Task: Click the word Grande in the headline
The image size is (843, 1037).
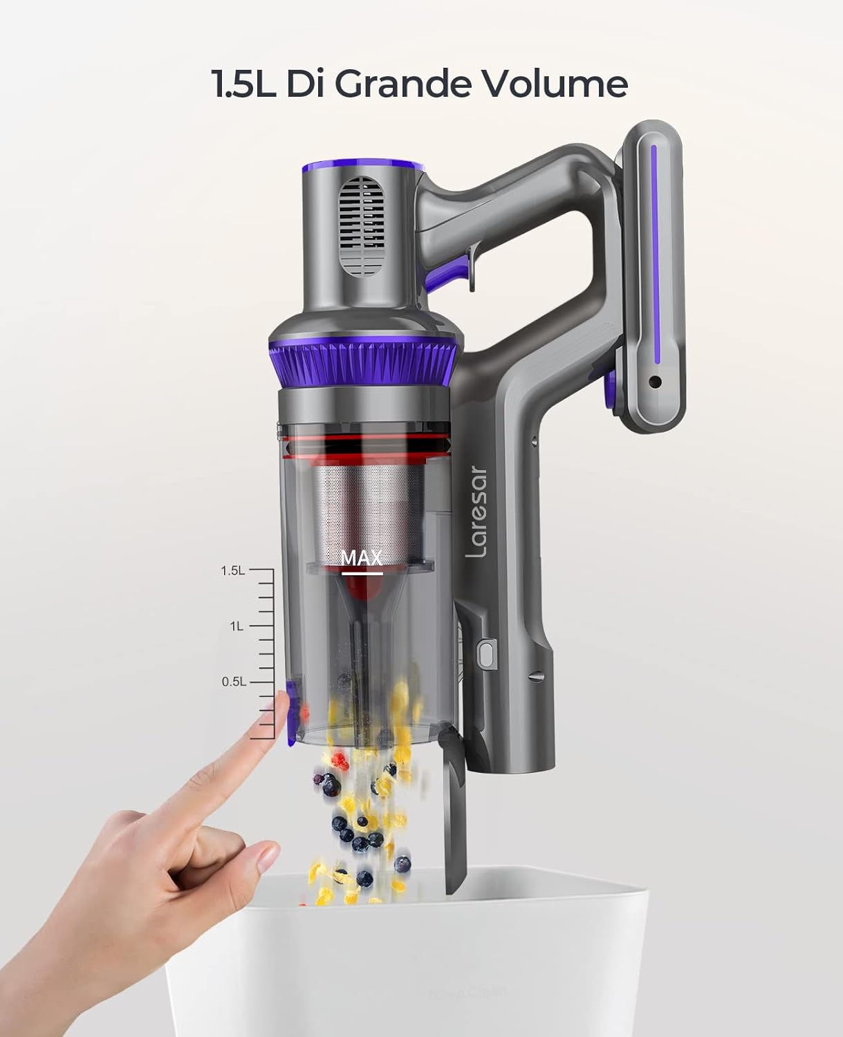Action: click(x=401, y=84)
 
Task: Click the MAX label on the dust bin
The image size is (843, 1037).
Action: click(x=362, y=558)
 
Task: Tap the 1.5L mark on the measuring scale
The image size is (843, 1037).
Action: click(x=233, y=571)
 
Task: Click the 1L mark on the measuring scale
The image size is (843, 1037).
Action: click(x=237, y=626)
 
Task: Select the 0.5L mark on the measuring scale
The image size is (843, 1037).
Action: click(x=233, y=682)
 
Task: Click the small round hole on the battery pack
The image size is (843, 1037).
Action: click(x=655, y=382)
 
